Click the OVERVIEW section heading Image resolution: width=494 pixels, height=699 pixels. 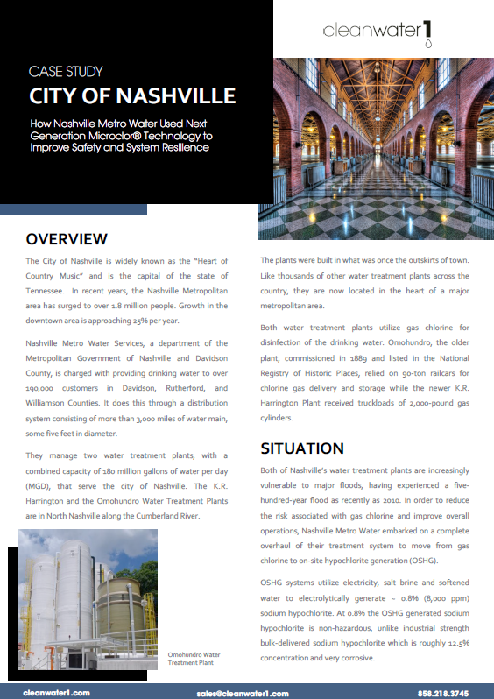pyautogui.click(x=67, y=239)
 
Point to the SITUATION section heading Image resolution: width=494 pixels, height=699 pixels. pyautogui.click(x=302, y=448)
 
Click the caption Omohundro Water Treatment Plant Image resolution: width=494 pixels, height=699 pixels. pyautogui.click(x=194, y=659)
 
